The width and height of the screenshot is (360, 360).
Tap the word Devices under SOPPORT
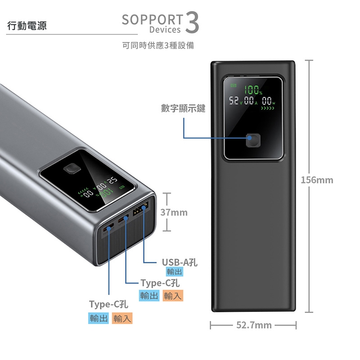click(x=165, y=30)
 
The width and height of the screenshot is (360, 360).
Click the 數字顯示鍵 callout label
click(x=183, y=108)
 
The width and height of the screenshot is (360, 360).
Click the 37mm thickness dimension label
click(x=174, y=212)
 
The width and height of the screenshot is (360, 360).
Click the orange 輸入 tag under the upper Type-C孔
click(x=173, y=296)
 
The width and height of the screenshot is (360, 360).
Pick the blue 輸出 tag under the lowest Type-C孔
click(x=99, y=318)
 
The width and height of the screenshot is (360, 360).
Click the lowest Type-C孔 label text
click(x=108, y=305)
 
